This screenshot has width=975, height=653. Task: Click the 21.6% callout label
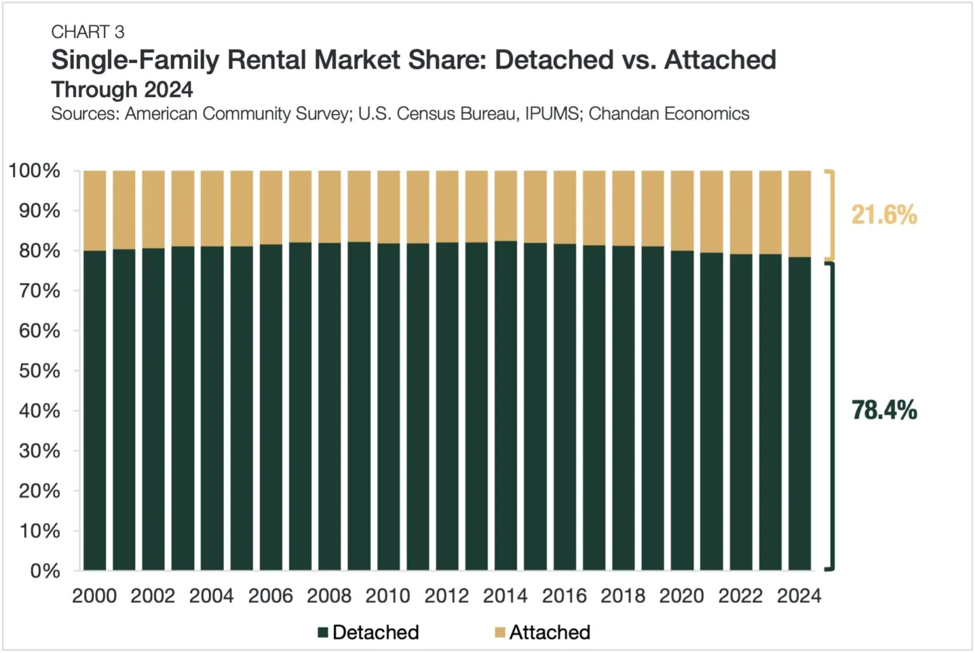[884, 215]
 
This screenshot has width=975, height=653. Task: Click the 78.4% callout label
[884, 411]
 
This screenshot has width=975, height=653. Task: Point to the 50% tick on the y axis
[39, 371]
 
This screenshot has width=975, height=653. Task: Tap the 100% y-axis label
[34, 171]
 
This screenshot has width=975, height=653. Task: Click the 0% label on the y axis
[45, 571]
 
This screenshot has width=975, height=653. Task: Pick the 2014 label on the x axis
[505, 596]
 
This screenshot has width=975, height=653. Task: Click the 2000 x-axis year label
[95, 596]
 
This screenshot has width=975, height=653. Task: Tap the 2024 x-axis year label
[799, 596]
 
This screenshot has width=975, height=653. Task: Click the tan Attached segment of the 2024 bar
[799, 213]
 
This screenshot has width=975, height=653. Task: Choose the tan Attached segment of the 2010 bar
[388, 207]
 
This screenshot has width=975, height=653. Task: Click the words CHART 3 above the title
[88, 32]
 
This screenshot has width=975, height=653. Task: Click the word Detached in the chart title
[554, 60]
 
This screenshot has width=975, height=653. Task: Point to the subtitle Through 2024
[122, 89]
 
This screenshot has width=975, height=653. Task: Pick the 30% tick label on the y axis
[39, 451]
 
